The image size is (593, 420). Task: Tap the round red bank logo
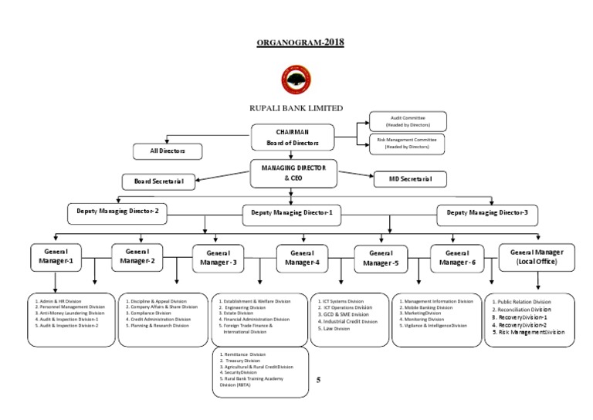296,80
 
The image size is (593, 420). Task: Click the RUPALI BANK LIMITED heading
295,109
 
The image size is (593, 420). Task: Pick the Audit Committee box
406,120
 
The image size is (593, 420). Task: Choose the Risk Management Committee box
406,142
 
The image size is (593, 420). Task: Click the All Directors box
168,151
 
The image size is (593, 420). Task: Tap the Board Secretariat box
158,181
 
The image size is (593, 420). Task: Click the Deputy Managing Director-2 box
117,212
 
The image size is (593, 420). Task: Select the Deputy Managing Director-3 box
487,213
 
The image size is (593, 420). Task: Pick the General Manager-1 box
56,256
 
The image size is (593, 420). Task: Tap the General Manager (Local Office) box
537,257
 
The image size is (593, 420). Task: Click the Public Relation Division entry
524,302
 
